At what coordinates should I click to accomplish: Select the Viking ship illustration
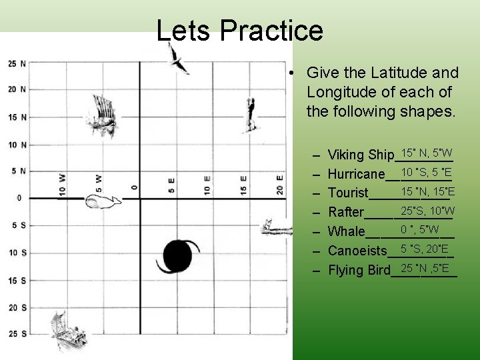(x=101, y=113)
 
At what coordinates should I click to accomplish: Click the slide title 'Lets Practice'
(x=239, y=31)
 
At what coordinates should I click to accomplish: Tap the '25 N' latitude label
(x=17, y=63)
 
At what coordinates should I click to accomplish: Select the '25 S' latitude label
(x=17, y=333)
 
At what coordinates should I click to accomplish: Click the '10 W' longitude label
(x=62, y=185)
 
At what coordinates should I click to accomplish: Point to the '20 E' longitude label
(x=280, y=185)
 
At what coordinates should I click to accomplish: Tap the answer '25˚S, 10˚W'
(x=427, y=211)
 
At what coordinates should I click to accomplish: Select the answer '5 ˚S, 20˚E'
(x=424, y=249)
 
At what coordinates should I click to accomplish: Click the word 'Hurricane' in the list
(x=357, y=174)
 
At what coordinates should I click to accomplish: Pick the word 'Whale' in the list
(x=347, y=231)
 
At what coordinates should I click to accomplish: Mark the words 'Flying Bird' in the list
(x=359, y=270)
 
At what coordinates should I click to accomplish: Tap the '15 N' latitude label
(x=17, y=117)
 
